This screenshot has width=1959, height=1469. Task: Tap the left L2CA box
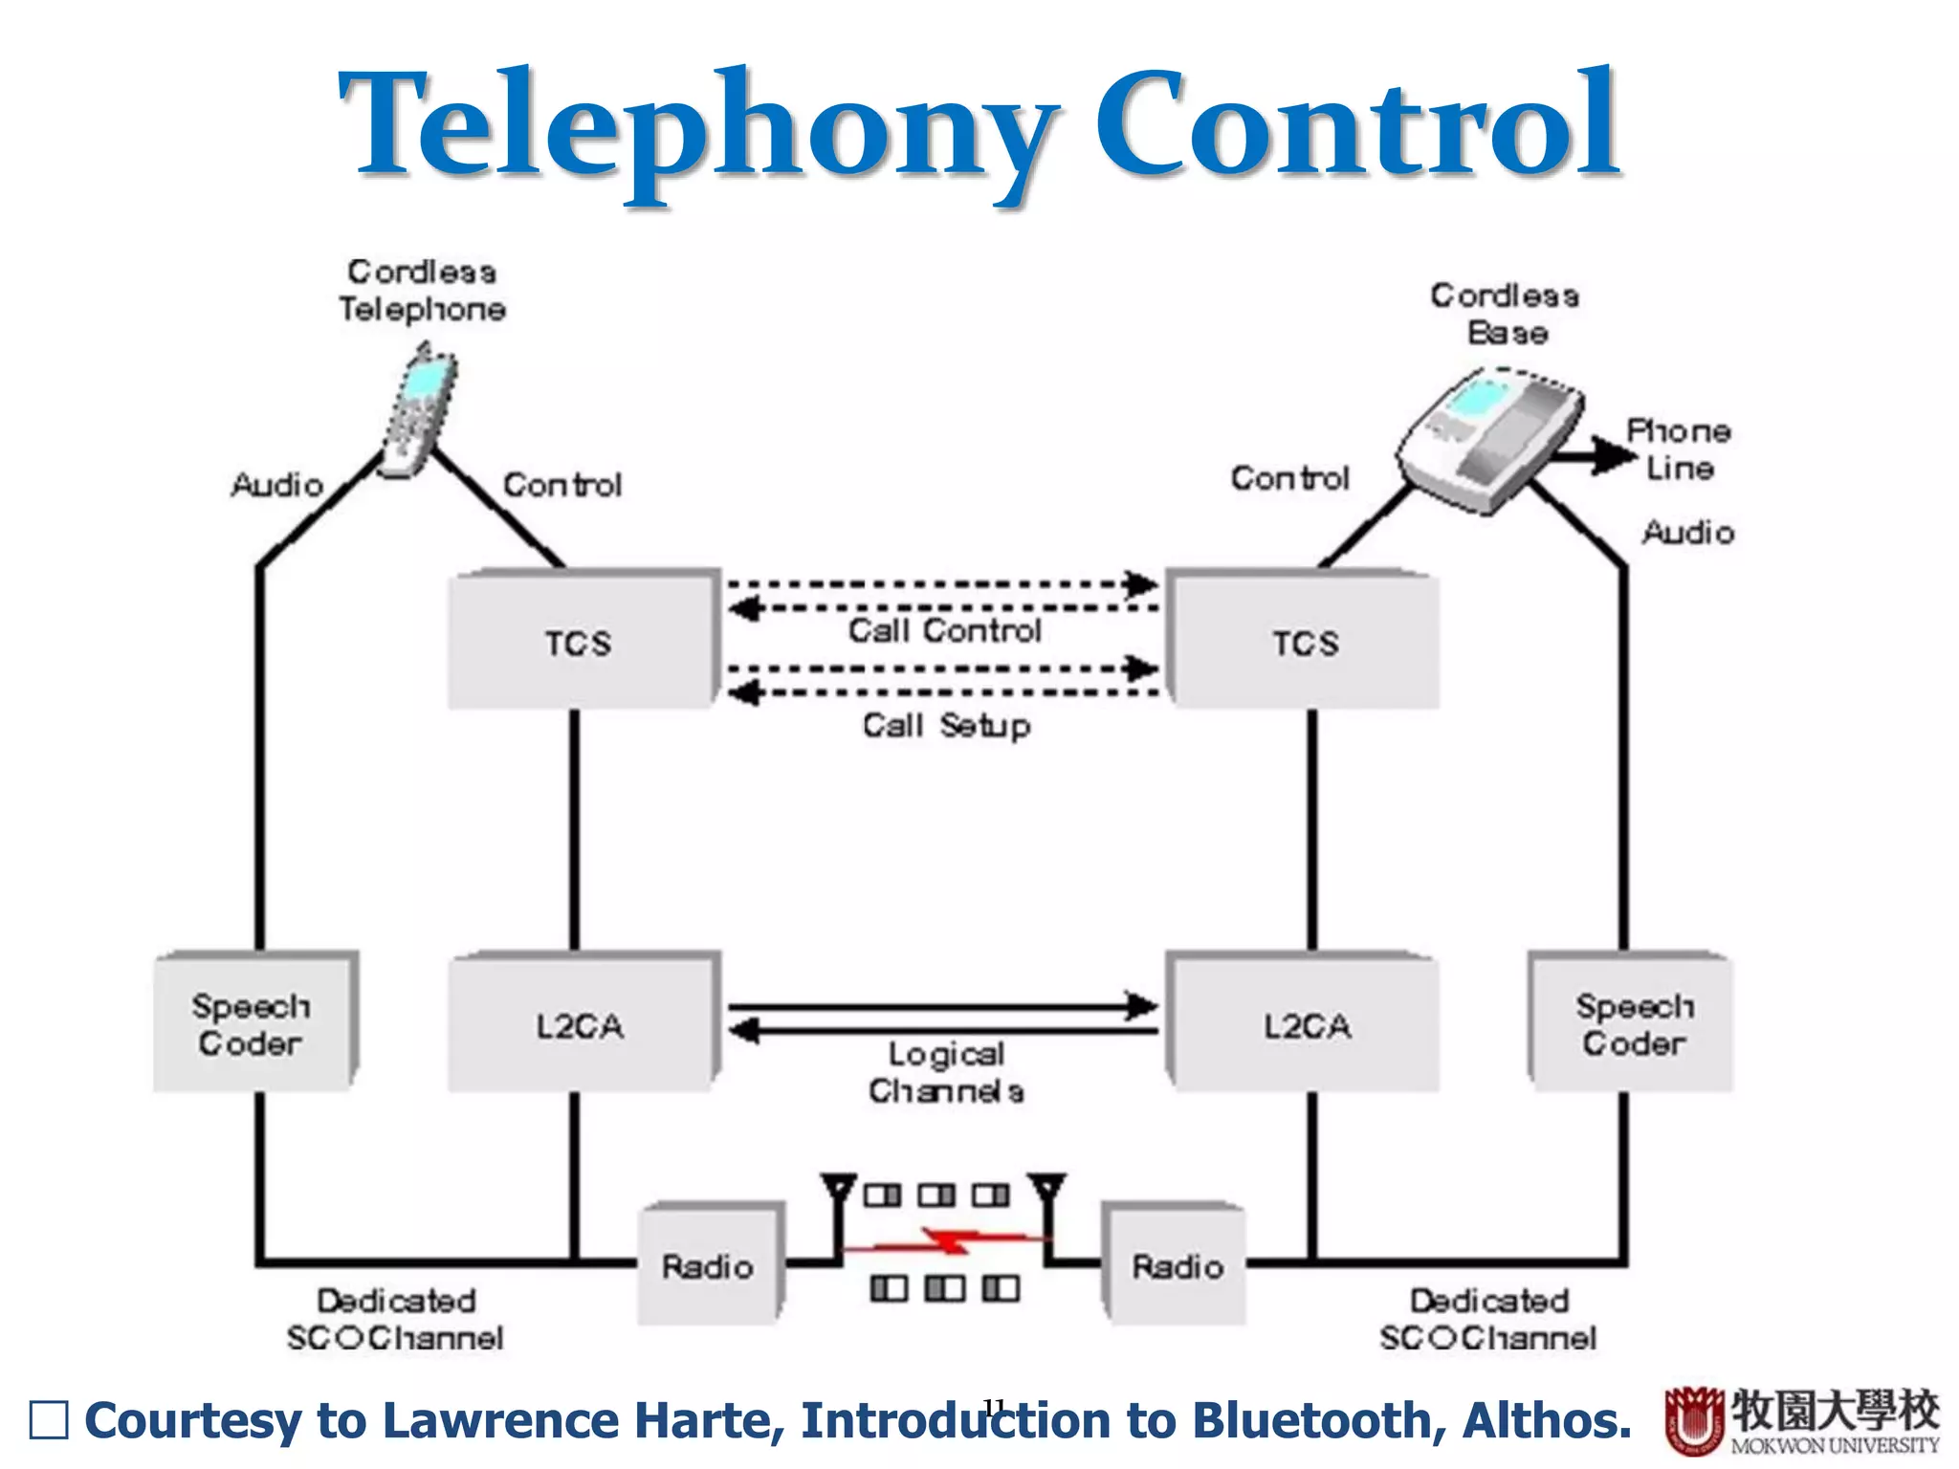pos(582,1023)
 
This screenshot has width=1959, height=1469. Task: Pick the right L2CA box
pos(1305,1023)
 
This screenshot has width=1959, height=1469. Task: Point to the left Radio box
pos(710,1264)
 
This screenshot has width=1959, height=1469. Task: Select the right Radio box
pos(1177,1264)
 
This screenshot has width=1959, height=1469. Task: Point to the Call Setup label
pos(946,725)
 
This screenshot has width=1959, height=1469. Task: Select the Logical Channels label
pos(946,1072)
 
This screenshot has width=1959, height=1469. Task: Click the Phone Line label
pos(1679,449)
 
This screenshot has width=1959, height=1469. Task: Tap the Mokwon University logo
pos(1801,1420)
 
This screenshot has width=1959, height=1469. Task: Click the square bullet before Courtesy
pos(49,1420)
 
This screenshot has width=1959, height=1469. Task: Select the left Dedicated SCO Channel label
pos(395,1319)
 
